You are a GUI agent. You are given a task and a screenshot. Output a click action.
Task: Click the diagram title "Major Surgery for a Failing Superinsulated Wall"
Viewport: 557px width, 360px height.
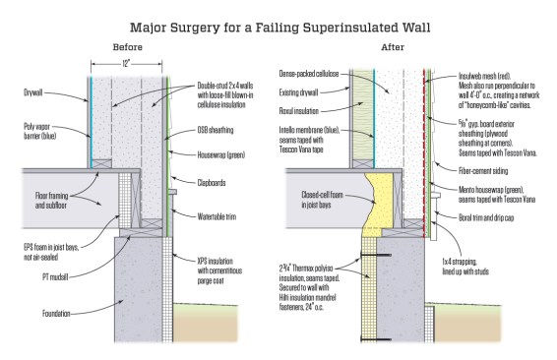[279, 28]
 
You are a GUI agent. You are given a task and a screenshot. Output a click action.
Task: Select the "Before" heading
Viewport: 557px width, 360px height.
[128, 47]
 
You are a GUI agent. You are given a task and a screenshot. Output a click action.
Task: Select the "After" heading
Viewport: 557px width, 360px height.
[393, 47]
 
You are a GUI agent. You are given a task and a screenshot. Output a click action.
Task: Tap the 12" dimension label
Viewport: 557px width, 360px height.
[126, 64]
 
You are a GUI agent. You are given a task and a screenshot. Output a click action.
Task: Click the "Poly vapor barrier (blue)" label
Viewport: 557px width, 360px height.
[40, 131]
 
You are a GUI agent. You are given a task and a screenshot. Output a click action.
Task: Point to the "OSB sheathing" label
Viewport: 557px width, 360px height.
[216, 130]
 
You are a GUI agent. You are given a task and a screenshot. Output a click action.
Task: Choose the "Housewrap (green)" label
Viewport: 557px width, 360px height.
[221, 154]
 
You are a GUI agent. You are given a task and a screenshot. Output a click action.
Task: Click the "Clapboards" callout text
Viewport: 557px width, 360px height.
[211, 183]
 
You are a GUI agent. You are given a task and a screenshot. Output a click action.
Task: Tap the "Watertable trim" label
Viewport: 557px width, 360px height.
[217, 216]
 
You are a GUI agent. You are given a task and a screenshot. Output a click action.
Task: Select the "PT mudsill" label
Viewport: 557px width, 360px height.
[55, 277]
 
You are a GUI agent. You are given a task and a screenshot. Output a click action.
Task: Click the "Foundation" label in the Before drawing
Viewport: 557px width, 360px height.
[56, 314]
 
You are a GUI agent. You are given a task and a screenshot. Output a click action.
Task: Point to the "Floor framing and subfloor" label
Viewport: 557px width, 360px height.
[51, 201]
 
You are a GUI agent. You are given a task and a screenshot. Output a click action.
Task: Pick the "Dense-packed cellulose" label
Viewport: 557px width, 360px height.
[309, 74]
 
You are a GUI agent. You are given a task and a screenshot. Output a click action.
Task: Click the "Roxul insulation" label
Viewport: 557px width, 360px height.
[299, 111]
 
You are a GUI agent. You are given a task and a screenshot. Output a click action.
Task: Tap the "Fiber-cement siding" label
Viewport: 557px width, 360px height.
[483, 171]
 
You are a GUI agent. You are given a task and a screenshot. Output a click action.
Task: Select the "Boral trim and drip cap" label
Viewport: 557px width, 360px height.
[486, 217]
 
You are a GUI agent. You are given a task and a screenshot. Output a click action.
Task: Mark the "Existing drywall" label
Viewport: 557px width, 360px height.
[298, 92]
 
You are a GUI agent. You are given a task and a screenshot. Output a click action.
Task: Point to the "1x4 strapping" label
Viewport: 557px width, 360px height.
[465, 267]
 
